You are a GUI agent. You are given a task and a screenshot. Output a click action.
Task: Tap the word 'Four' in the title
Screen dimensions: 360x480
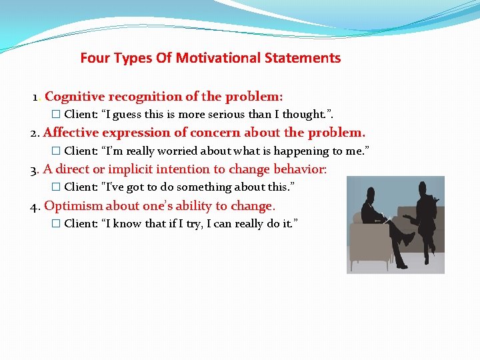(x=94, y=58)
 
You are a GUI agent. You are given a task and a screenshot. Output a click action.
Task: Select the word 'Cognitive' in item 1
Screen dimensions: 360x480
(x=72, y=97)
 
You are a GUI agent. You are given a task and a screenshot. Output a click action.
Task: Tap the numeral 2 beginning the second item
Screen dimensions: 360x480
(x=35, y=133)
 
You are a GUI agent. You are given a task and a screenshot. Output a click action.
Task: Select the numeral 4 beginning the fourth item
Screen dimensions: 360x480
(x=35, y=207)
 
